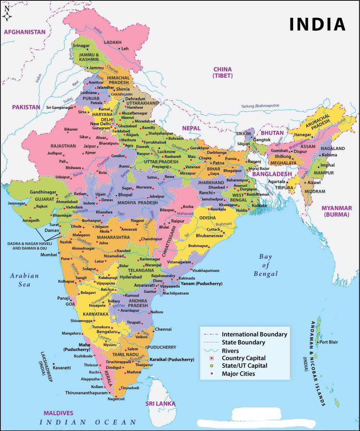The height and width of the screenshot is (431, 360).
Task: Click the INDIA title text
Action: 318,24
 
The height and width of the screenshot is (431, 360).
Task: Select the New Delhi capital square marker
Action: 113,123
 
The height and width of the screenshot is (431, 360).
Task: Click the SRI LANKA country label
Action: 160,404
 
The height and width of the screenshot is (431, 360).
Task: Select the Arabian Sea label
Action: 24,280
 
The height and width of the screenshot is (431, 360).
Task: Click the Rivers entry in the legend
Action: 230,350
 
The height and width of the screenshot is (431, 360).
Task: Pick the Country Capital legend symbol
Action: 212,358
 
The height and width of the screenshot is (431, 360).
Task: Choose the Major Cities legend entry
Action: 238,374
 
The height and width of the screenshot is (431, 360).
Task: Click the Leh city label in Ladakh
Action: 125,49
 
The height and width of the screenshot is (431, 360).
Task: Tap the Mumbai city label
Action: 49,254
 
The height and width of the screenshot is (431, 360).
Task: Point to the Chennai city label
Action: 163,329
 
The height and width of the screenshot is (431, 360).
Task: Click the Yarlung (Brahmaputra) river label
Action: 260,106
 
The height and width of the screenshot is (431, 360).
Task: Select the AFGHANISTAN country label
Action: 25,32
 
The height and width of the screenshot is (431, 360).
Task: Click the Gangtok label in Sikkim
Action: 262,140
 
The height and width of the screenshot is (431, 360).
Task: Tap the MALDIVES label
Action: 58,413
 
